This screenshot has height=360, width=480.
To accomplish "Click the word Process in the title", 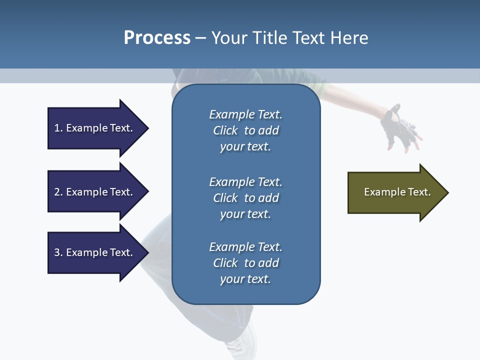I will click(157, 37).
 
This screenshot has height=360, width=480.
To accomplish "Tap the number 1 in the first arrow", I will click(57, 128).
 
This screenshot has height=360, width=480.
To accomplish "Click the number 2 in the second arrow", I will click(57, 192).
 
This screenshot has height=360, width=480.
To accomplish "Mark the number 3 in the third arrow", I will click(57, 252).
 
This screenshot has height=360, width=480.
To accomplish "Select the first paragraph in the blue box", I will click(245, 130).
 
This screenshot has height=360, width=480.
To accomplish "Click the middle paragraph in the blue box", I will click(245, 198).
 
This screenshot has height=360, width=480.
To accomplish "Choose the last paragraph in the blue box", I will click(245, 263).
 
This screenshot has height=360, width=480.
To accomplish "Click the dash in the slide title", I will click(200, 37).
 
